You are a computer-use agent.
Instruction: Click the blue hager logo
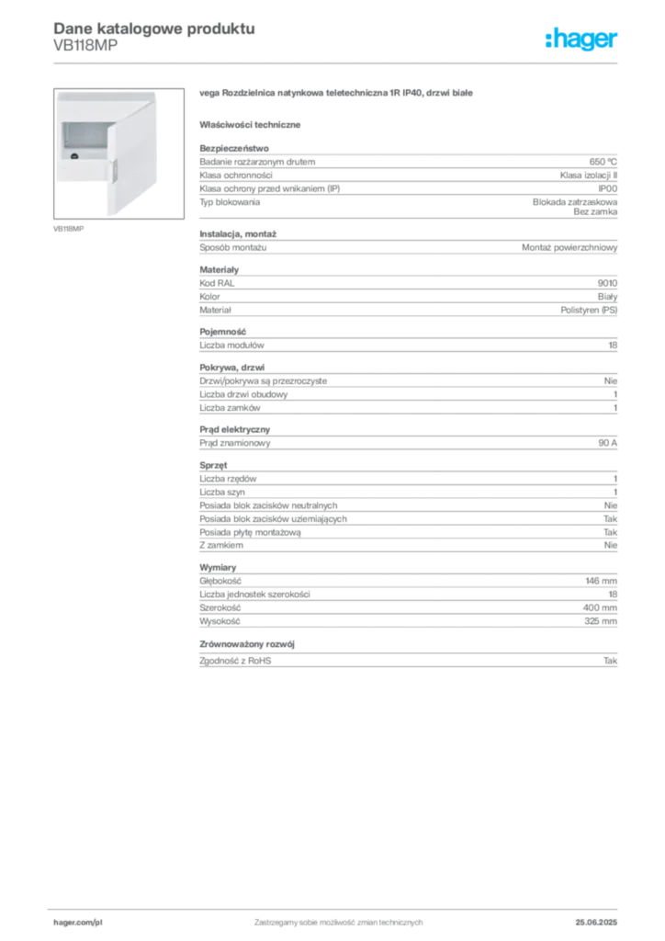pos(582,40)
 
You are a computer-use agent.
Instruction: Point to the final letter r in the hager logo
pos(616,41)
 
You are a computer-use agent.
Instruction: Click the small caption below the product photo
pos(70,228)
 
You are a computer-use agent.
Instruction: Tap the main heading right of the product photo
pos(337,94)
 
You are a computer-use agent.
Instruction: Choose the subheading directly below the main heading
pos(253,124)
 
